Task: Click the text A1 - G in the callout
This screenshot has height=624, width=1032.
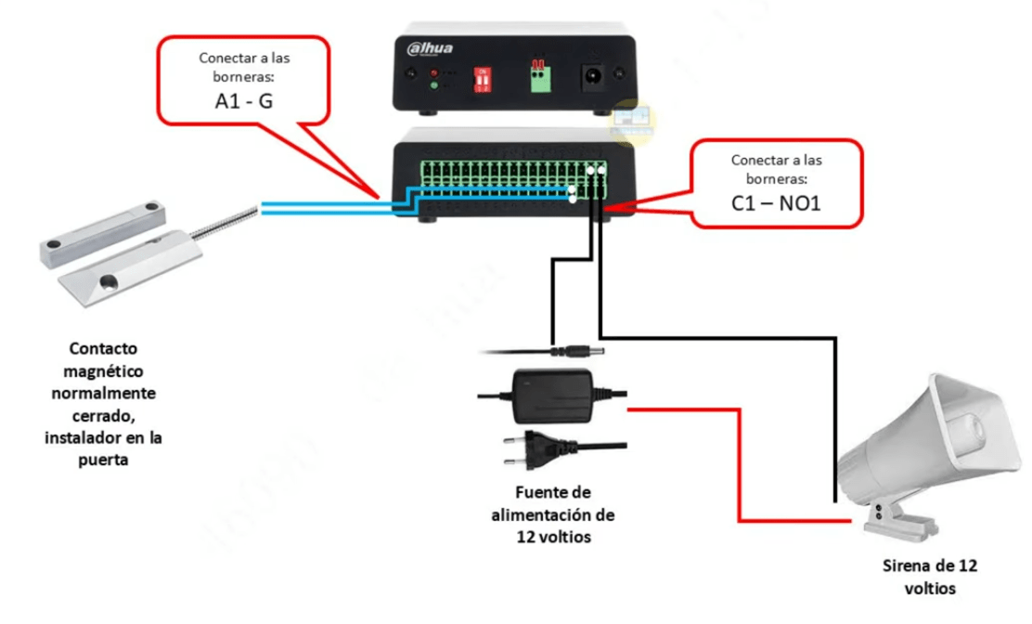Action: tap(244, 101)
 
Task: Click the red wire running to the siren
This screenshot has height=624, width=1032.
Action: tap(739, 464)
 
